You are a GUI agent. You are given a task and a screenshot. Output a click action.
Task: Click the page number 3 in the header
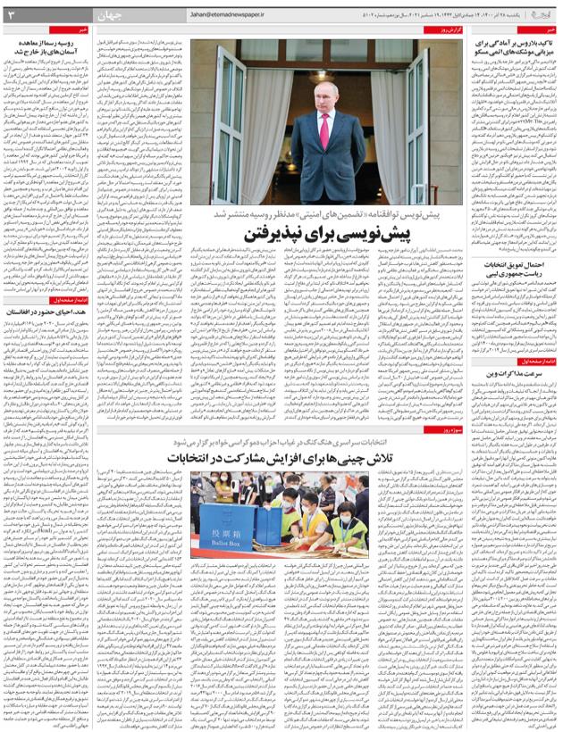(x=12, y=15)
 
